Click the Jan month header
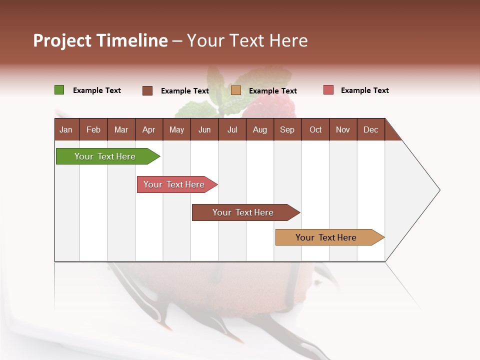click(x=66, y=129)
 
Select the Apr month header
click(x=148, y=129)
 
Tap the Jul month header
click(x=232, y=129)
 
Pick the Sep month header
click(x=287, y=129)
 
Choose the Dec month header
click(x=370, y=129)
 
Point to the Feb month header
click(x=93, y=129)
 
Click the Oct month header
click(x=315, y=129)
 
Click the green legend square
click(x=59, y=90)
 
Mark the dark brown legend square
click(x=147, y=90)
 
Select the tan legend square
click(x=236, y=90)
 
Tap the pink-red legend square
click(x=328, y=90)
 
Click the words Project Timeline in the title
click(x=100, y=40)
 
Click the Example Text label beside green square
click(x=97, y=90)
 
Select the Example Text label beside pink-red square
click(x=365, y=90)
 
